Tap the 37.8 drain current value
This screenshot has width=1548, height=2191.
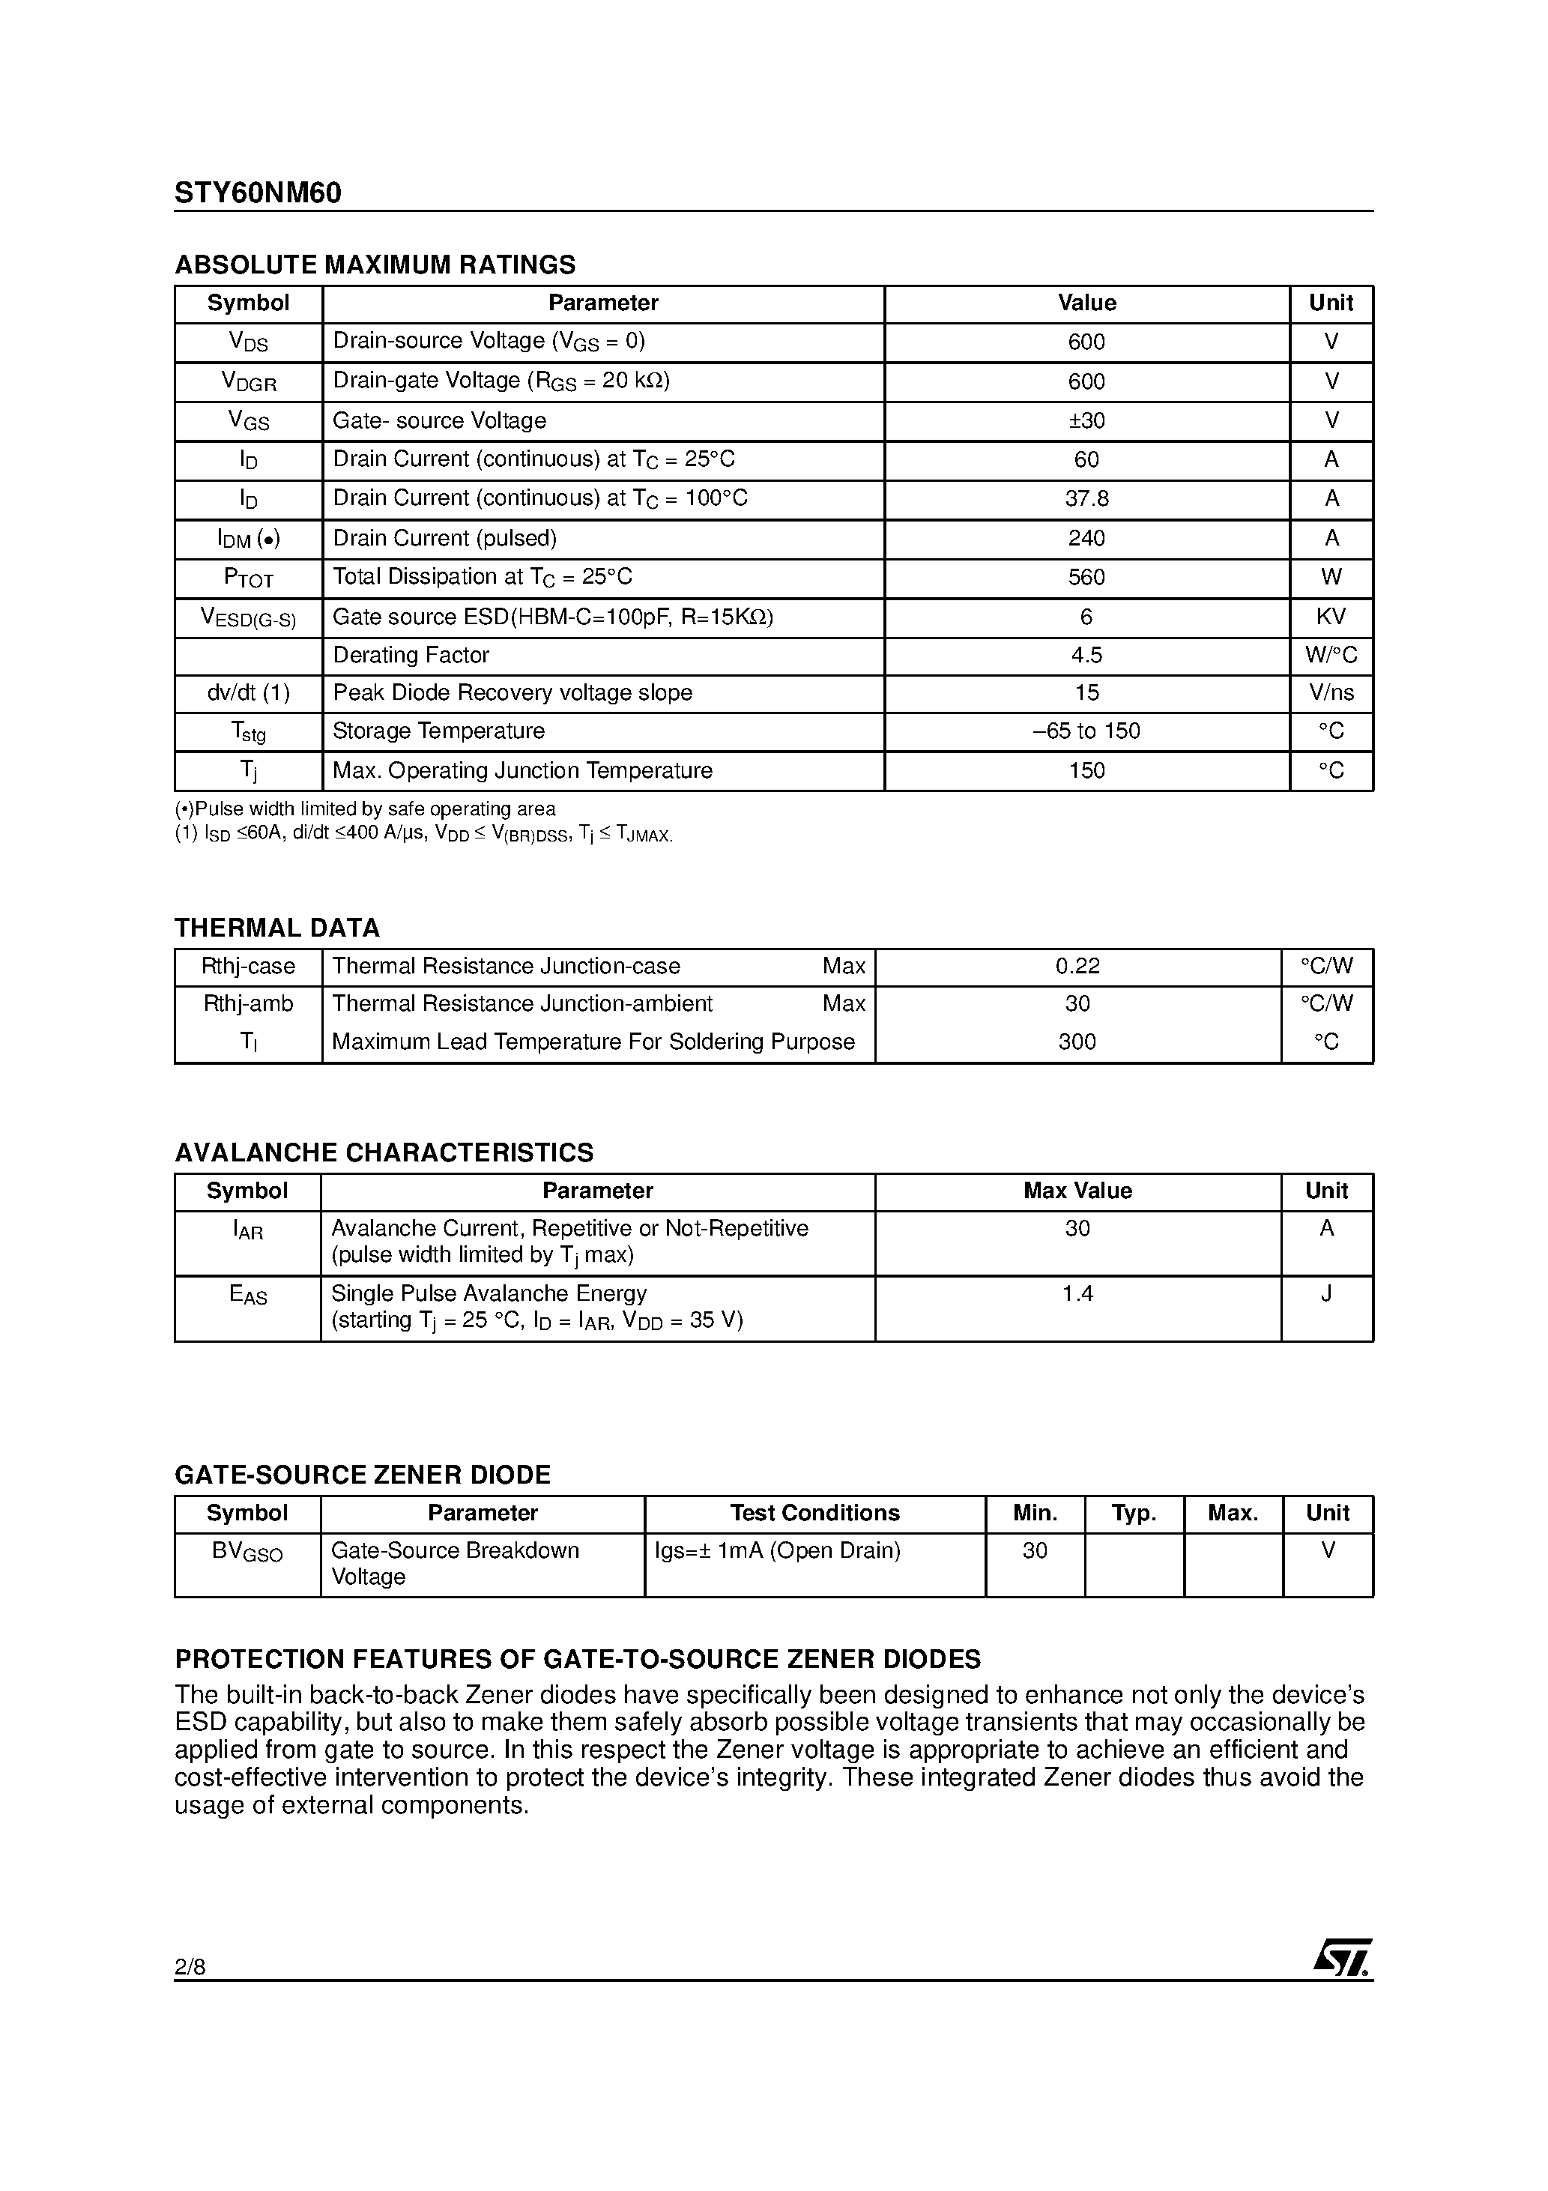coord(1086,499)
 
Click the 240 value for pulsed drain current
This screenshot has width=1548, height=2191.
coord(1086,538)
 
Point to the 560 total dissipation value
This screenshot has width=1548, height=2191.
coord(1086,577)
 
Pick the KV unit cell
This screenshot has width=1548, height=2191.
coord(1331,617)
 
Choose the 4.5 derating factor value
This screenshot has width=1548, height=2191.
coord(1086,656)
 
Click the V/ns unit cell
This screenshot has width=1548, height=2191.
coord(1331,693)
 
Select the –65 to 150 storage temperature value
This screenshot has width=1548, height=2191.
coord(1086,731)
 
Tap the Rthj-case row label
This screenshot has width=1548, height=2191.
coord(248,967)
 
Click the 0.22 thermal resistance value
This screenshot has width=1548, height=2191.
coord(1077,967)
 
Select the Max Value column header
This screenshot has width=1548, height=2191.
coord(1077,1191)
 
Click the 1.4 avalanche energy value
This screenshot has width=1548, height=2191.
coord(1077,1294)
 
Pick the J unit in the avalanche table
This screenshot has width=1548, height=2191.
coord(1325,1294)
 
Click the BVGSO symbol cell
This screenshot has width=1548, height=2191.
coord(247,1552)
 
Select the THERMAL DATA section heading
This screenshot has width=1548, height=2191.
coord(276,928)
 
